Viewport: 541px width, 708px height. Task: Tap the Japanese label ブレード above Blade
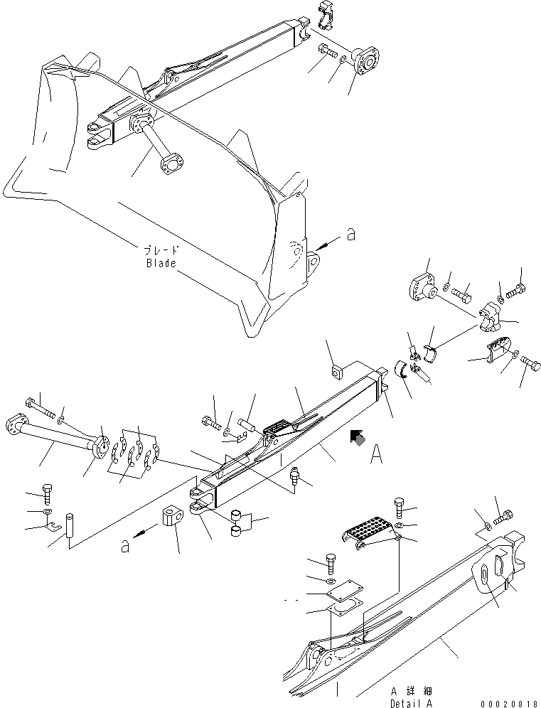pos(161,250)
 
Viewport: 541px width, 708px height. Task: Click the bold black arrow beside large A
pos(358,439)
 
